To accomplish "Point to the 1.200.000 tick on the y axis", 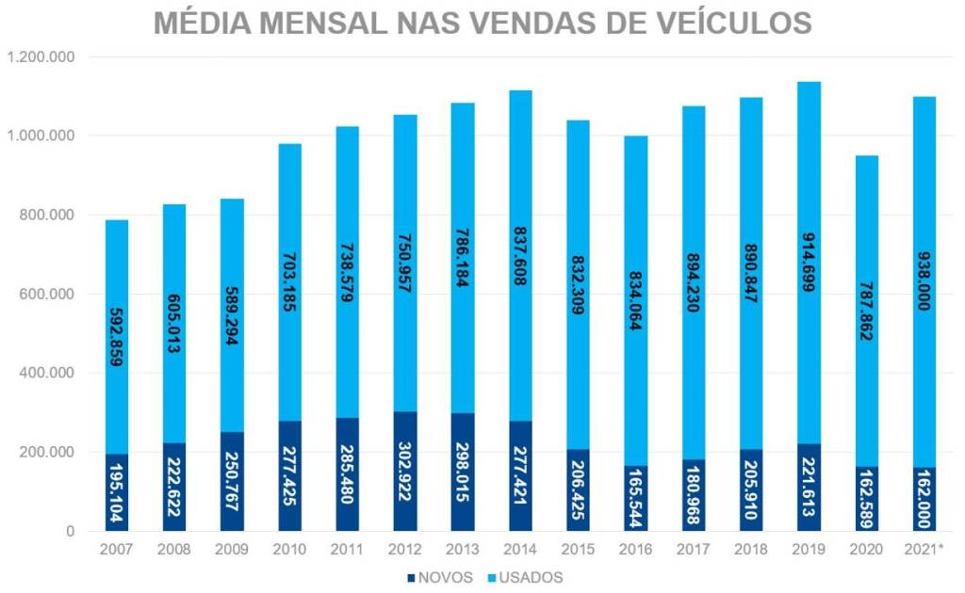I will pos(41,57).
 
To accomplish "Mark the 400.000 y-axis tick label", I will pos(47,373).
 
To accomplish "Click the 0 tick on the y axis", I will pos(71,531).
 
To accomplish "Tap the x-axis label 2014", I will pos(520,548).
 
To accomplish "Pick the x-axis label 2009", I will pos(232,548).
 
